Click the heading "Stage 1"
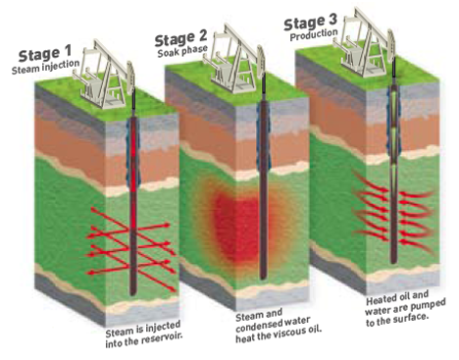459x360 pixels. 45,54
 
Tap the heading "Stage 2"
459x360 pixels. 180,38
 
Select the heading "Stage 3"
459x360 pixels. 310,23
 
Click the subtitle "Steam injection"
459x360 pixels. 45,67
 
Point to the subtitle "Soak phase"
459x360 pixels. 182,51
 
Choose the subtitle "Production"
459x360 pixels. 314,34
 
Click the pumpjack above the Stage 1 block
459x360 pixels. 104,77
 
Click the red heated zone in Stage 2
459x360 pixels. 237,226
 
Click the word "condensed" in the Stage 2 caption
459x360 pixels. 256,326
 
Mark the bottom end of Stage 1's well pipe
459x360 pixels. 132,294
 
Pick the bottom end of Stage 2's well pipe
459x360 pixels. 264,278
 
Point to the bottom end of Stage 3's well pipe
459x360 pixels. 393,262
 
